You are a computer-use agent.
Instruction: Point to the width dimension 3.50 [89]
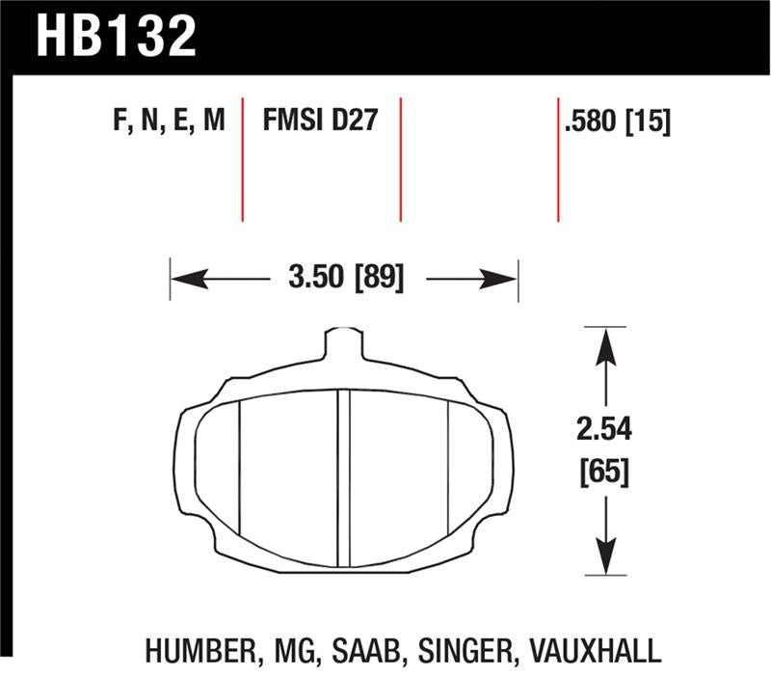[345, 280]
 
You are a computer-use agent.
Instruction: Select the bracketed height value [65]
[604, 473]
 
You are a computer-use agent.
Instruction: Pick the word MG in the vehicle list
[289, 650]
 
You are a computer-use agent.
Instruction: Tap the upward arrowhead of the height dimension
[604, 343]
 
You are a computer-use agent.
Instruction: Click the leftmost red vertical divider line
[242, 159]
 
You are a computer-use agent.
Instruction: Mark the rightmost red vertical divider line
[558, 159]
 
